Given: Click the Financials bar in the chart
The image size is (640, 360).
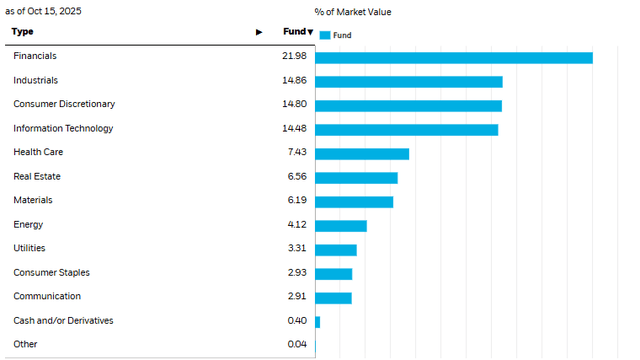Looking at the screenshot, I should coord(454,57).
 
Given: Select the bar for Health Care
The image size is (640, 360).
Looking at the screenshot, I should coord(362,153).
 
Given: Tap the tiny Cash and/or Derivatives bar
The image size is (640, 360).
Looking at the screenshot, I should coord(318,321).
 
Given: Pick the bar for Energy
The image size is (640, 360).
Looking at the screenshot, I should coord(341,225).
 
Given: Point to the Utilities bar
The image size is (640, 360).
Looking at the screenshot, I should coord(336,249).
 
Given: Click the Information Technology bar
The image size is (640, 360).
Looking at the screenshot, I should coord(407,129).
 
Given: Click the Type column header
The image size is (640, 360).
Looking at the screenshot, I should coord(22,32).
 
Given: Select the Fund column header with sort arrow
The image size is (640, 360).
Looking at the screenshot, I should coord(298,32).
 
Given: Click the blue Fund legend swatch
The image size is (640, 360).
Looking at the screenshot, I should coord(325,35).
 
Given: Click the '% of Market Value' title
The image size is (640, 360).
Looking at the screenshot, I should coord(353,12).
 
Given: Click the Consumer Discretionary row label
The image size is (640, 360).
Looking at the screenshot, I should coord(64,104).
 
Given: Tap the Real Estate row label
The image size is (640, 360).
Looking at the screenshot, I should coord(36,176).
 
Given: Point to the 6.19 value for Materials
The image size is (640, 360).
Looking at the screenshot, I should coord(296,200).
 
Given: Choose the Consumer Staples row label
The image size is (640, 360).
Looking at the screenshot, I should coord(50,272).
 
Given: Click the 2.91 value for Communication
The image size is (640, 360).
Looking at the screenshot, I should coord(296,296).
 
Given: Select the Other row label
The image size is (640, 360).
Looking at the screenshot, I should coord(25,344).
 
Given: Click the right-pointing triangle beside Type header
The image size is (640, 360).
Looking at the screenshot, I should coord(259,32).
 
